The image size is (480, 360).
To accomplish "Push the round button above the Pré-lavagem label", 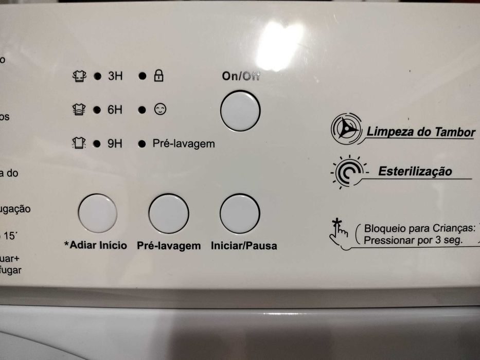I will pos(168,213).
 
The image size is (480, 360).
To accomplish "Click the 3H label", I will pos(115,77).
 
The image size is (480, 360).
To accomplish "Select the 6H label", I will pos(115,110).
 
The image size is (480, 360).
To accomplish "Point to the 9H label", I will pos(115,143).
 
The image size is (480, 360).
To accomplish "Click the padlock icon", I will pos(158,77).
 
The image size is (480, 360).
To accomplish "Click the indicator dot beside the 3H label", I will pos(96,77).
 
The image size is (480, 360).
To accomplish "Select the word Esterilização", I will pos(415,171).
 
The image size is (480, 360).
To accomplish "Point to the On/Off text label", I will pos(241,77).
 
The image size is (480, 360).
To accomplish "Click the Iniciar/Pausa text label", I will pos(244,246).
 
